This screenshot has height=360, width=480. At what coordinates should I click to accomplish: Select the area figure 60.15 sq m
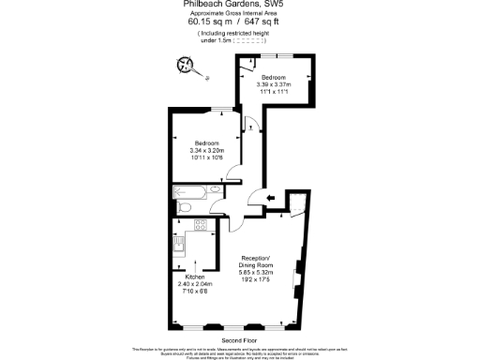click(212, 23)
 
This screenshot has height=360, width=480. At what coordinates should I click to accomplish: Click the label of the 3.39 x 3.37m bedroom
click(274, 76)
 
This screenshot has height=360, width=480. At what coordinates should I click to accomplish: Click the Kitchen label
click(194, 277)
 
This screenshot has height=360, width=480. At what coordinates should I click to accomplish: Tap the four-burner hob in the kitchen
click(199, 224)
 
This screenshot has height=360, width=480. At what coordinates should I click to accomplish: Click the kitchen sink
click(178, 246)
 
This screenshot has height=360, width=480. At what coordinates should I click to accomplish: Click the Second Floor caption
click(239, 339)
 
